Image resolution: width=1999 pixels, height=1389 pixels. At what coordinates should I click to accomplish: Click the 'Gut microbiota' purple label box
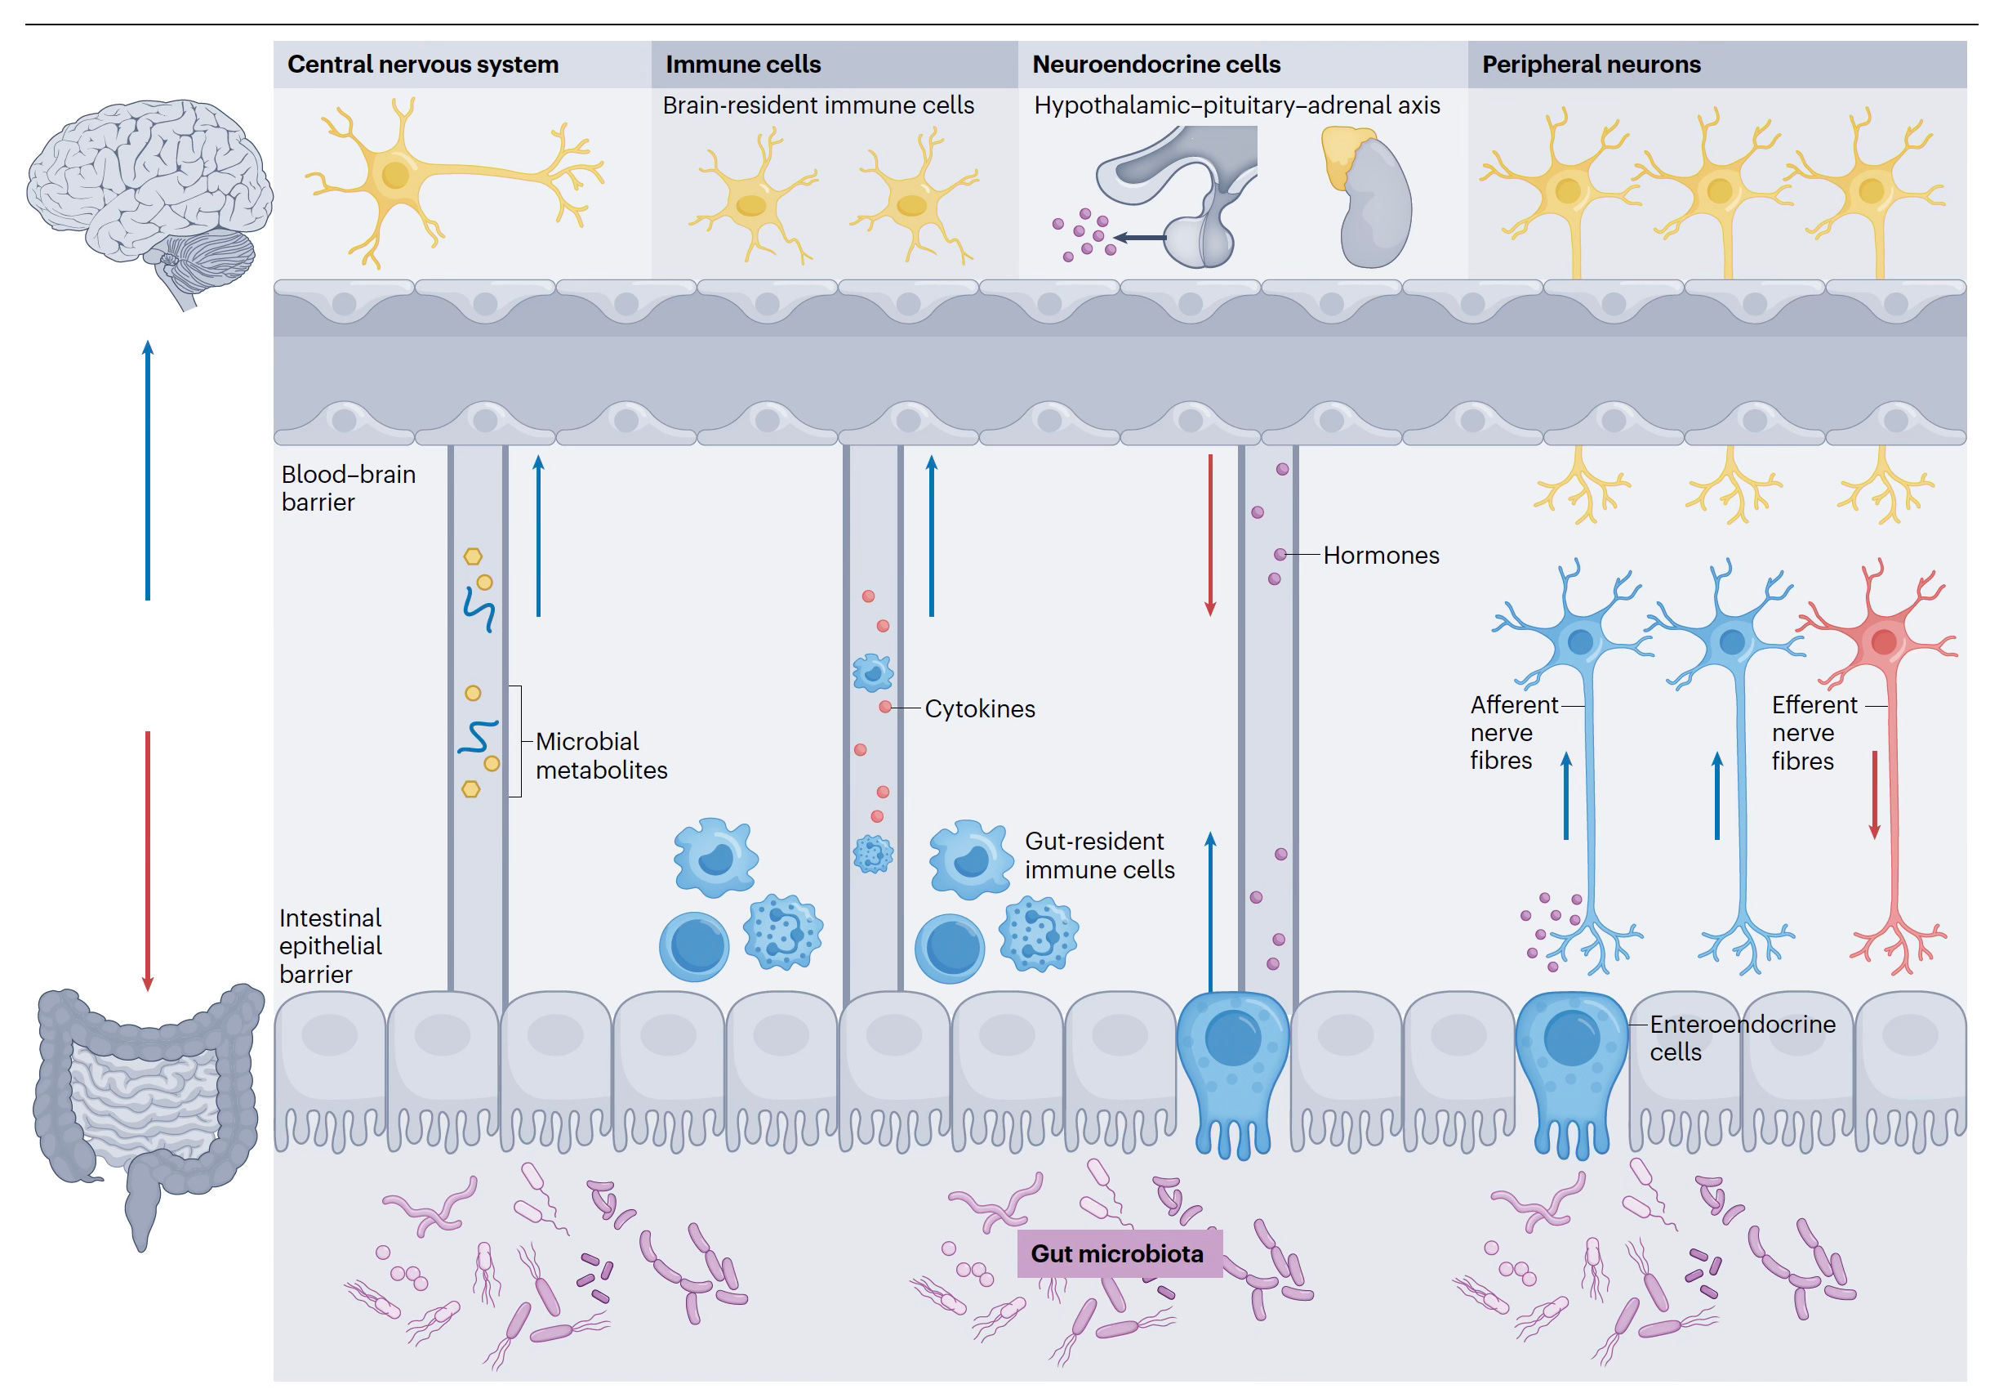point(1118,1253)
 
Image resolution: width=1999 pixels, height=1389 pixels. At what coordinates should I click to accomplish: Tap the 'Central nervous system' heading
point(423,65)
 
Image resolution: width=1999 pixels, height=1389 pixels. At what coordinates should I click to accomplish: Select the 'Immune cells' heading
point(743,65)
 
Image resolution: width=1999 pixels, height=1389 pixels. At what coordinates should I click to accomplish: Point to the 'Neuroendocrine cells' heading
point(1156,65)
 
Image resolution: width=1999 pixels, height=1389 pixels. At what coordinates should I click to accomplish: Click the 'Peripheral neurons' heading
point(1591,65)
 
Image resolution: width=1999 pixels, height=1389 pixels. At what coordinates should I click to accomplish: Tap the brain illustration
point(148,196)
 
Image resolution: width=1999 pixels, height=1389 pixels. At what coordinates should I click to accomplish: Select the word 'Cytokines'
point(979,709)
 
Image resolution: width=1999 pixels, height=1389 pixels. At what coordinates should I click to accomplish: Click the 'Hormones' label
point(1381,556)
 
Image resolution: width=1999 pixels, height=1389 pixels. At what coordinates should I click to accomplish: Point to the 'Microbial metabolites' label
point(601,756)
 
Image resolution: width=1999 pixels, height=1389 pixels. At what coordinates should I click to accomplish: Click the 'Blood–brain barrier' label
point(348,489)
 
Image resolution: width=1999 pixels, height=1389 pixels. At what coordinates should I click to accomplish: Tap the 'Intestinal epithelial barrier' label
point(330,946)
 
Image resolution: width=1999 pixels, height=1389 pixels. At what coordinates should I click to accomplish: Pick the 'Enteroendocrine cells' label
point(1742,1038)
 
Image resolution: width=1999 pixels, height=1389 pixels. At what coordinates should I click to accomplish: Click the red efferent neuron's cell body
point(1883,642)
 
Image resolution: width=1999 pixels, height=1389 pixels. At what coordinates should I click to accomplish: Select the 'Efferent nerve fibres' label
point(1814,733)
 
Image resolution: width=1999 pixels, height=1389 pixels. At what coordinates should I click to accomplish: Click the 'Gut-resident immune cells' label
point(1098,855)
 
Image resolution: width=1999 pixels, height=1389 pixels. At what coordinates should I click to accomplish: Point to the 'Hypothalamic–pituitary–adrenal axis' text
point(1236,105)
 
